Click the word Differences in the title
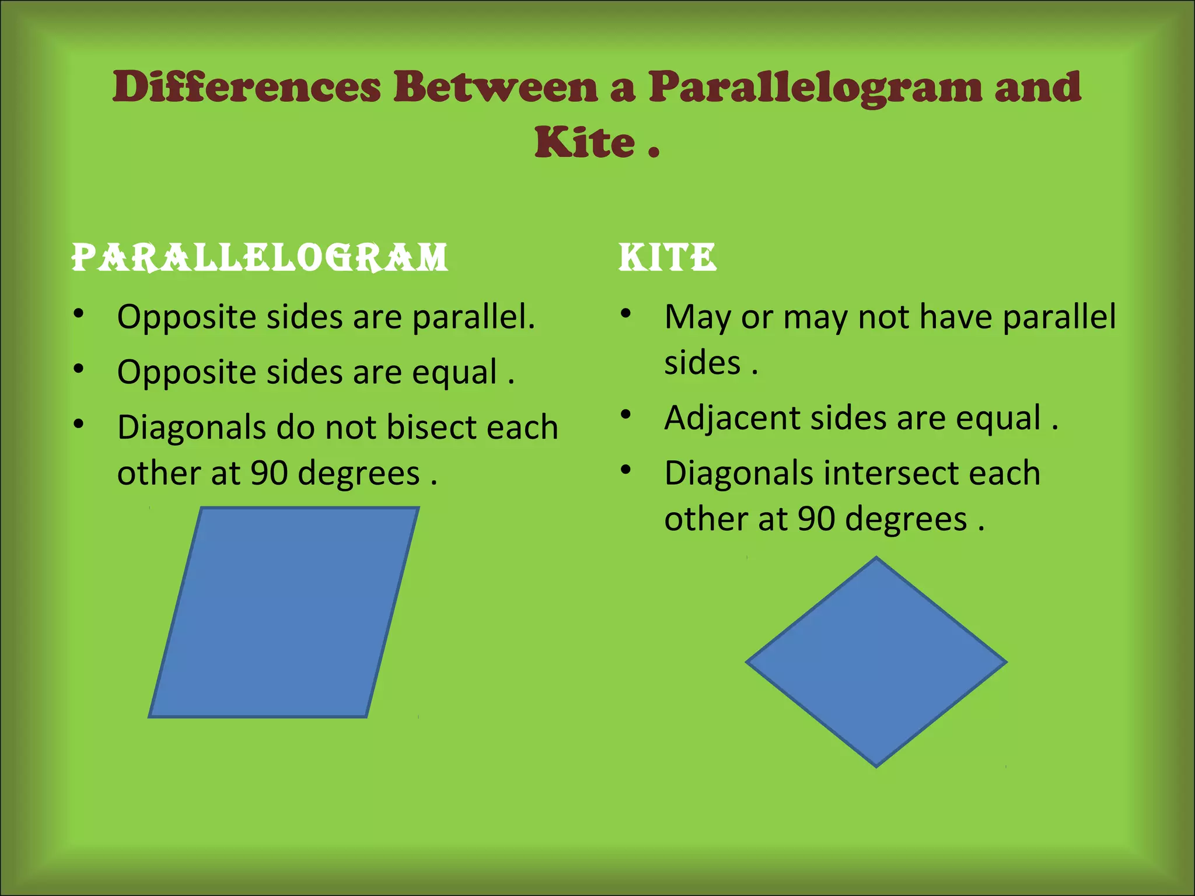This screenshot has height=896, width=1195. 246,87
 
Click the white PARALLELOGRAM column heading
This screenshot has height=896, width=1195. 260,257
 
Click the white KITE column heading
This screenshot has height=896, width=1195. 667,257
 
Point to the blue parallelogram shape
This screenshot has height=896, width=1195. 284,612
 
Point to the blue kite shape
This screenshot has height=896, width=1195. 876,662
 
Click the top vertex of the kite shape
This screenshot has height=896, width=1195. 876,558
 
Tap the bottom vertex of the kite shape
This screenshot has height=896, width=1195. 876,766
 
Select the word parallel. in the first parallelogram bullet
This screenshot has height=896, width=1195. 473,317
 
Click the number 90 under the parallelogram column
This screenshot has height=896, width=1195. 269,473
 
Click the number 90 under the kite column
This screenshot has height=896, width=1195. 816,519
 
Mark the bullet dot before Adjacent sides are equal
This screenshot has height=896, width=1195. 626,414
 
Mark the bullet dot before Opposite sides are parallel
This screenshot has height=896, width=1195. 79,313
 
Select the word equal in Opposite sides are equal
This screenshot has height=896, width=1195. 455,373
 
